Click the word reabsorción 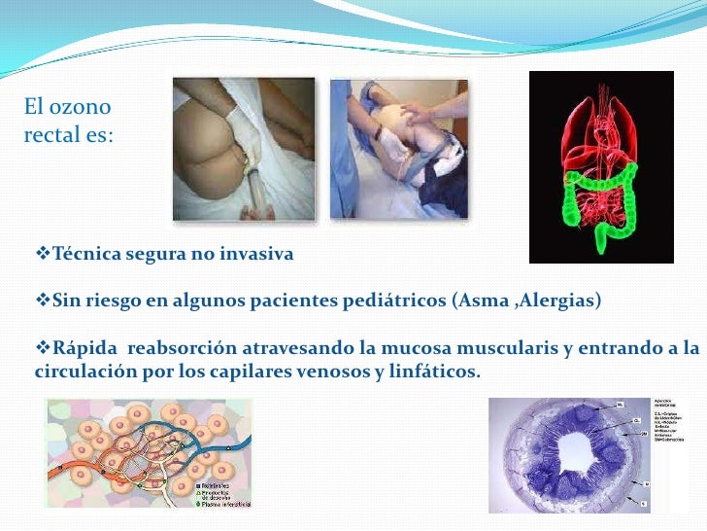point(180,349)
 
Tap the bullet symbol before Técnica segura point(41,255)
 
